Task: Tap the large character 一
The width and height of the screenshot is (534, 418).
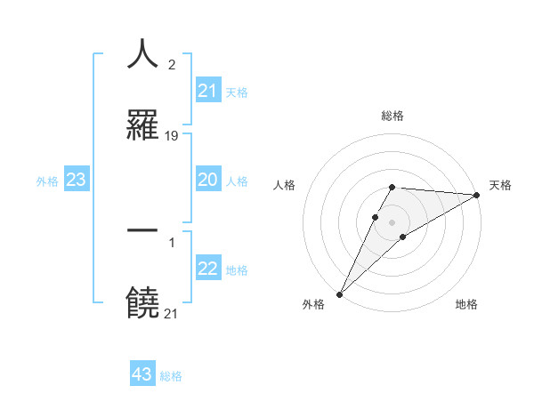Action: tap(142, 229)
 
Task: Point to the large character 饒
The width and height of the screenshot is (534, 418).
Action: tap(142, 302)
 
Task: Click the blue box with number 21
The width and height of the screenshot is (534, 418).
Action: tap(208, 91)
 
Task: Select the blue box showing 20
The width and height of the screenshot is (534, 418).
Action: tap(208, 180)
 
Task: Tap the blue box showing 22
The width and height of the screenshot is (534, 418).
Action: tap(208, 269)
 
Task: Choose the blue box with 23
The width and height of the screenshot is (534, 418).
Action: tap(76, 180)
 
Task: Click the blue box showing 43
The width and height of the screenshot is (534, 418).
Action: tap(142, 374)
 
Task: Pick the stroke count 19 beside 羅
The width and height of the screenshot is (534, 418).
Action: tap(172, 136)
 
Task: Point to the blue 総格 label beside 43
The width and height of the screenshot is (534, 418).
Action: tap(171, 376)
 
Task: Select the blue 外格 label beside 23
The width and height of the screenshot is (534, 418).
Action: tap(47, 181)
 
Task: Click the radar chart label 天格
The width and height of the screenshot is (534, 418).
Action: tap(501, 185)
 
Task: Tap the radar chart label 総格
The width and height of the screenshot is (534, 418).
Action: tap(392, 116)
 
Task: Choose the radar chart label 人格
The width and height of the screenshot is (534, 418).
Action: tap(284, 185)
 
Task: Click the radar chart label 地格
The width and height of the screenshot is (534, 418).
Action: tap(466, 304)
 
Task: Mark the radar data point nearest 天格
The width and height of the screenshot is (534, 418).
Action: tap(477, 196)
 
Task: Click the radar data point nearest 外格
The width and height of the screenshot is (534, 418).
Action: tap(339, 293)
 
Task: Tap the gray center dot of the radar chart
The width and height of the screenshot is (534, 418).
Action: tap(392, 221)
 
